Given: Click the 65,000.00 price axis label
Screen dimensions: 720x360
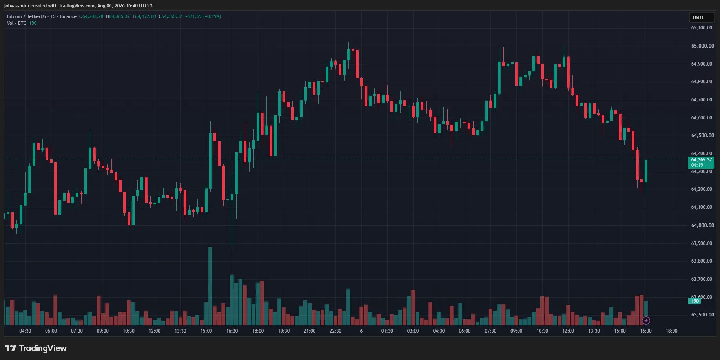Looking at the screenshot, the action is pyautogui.click(x=702, y=46).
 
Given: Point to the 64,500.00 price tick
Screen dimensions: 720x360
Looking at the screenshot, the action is pyautogui.click(x=702, y=135).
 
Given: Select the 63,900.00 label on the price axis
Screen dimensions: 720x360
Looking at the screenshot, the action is pyautogui.click(x=702, y=243).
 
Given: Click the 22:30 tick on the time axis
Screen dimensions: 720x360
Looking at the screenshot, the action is pyautogui.click(x=335, y=331).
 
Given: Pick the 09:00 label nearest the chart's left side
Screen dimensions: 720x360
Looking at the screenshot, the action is pyautogui.click(x=103, y=331).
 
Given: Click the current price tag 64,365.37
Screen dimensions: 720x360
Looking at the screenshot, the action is pyautogui.click(x=702, y=160).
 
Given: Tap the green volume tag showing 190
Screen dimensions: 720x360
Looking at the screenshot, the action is pyautogui.click(x=695, y=301).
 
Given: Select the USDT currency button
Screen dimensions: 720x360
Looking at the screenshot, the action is pyautogui.click(x=701, y=18).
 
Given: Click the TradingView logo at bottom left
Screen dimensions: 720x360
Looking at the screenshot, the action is pyautogui.click(x=36, y=348).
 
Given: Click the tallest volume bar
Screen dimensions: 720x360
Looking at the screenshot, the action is pyautogui.click(x=210, y=286).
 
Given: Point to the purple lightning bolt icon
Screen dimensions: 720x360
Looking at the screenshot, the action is pyautogui.click(x=646, y=321).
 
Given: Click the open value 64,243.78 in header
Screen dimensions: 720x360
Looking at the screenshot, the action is pyautogui.click(x=93, y=16).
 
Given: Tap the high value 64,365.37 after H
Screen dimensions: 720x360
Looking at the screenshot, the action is pyautogui.click(x=119, y=16).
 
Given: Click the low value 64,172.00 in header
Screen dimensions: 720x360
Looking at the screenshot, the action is pyautogui.click(x=145, y=16).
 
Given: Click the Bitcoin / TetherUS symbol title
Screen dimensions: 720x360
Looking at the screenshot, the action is pyautogui.click(x=26, y=16).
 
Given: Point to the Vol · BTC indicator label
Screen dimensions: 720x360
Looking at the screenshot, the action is pyautogui.click(x=16, y=23).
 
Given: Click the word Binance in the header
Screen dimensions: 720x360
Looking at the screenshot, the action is pyautogui.click(x=68, y=16).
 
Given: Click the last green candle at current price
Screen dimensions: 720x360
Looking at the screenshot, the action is pyautogui.click(x=646, y=171).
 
